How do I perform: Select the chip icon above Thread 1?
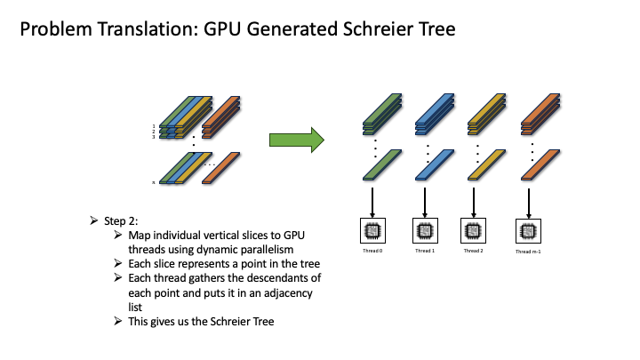coord(423,231)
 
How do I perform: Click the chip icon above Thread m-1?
coord(529,232)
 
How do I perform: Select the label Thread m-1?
coord(529,252)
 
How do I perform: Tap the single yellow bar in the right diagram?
coord(478,166)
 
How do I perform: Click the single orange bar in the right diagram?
coord(532,166)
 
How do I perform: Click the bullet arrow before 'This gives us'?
coord(120,321)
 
